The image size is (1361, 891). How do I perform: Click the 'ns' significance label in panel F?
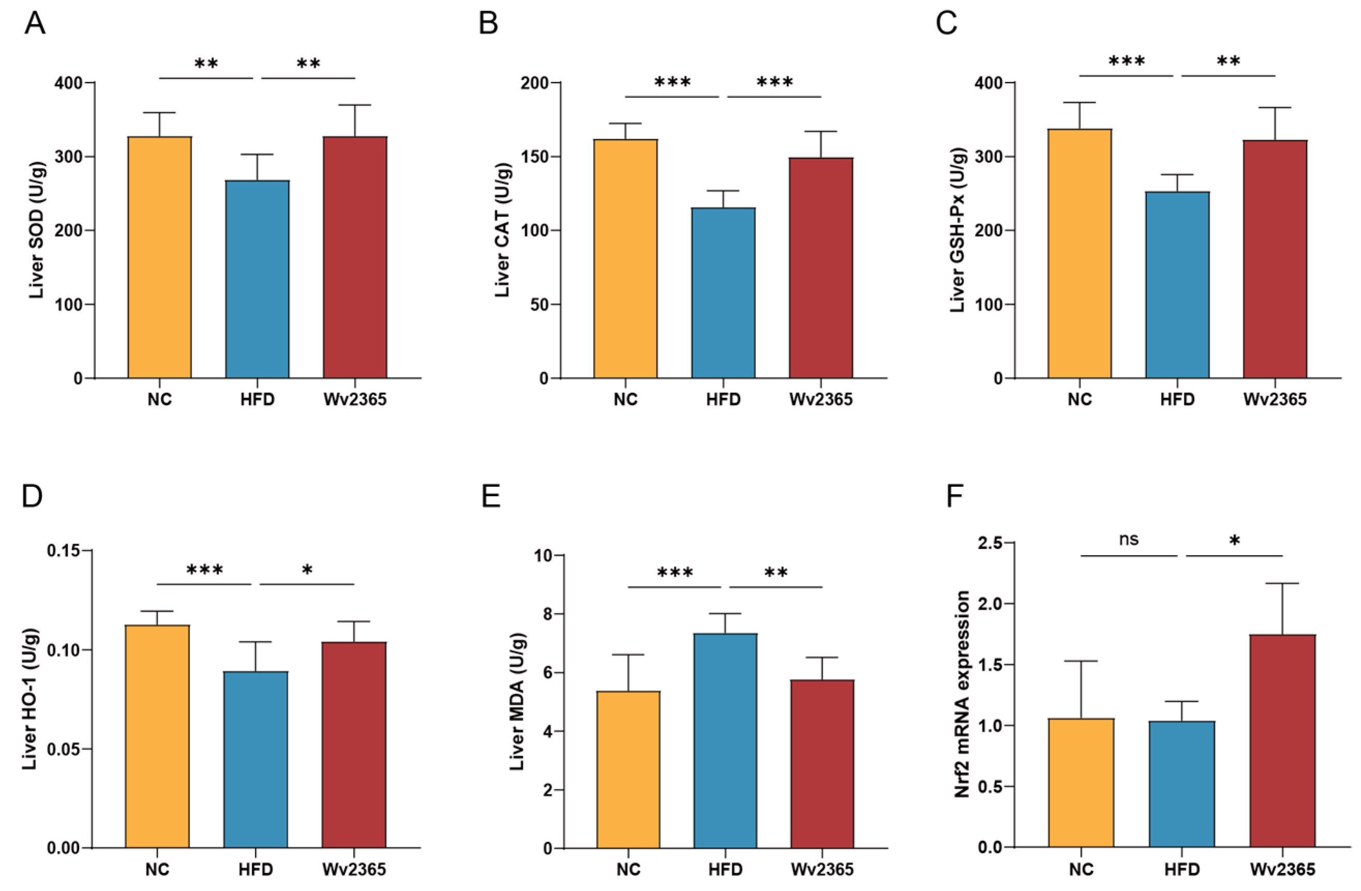(1128, 539)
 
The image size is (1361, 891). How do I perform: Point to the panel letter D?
(32, 496)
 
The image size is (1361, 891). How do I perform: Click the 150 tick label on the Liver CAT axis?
(535, 157)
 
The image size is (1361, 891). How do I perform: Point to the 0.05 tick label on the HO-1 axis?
(64, 749)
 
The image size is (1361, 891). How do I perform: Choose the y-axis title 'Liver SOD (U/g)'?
(37, 230)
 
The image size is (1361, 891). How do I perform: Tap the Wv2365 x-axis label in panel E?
(822, 869)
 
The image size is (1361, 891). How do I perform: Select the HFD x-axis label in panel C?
(1177, 399)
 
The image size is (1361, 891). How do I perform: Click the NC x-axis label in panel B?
(625, 399)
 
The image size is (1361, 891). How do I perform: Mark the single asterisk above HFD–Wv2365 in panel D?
(307, 571)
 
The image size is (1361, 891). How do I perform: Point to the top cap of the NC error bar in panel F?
(1081, 661)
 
